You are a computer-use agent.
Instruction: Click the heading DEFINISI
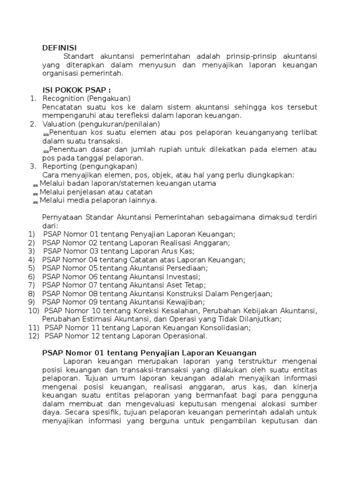(x=59, y=47)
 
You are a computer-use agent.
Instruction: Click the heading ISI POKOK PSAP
(x=76, y=90)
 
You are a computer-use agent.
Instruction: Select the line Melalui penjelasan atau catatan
(x=96, y=192)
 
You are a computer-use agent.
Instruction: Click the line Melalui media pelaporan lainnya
(x=98, y=200)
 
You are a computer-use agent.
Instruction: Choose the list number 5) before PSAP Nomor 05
(x=31, y=268)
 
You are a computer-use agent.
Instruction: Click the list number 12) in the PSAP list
(x=33, y=336)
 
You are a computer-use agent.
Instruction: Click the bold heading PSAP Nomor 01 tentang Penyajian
(x=149, y=352)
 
